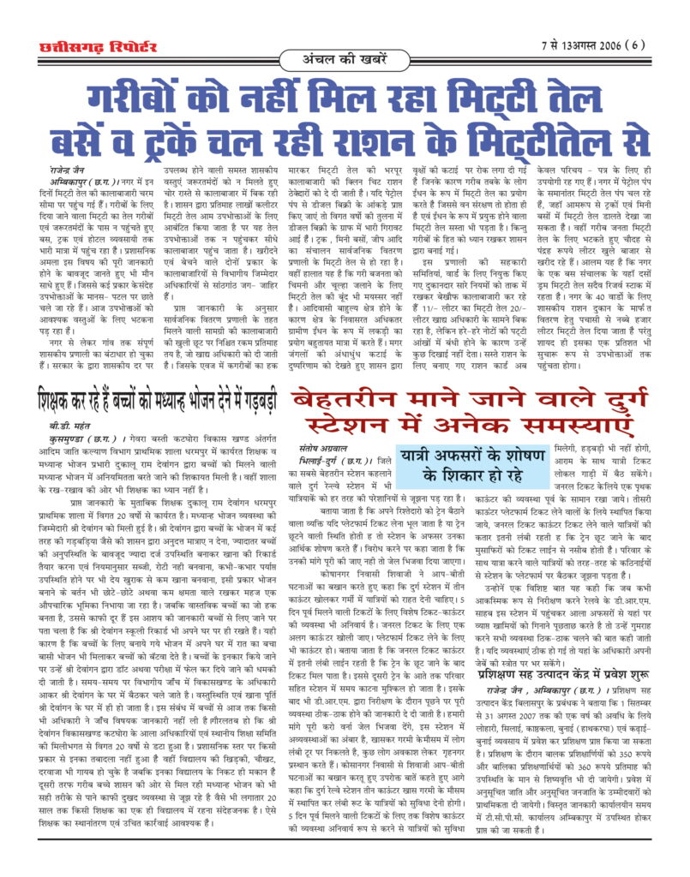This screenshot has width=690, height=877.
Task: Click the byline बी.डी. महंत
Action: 69,425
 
